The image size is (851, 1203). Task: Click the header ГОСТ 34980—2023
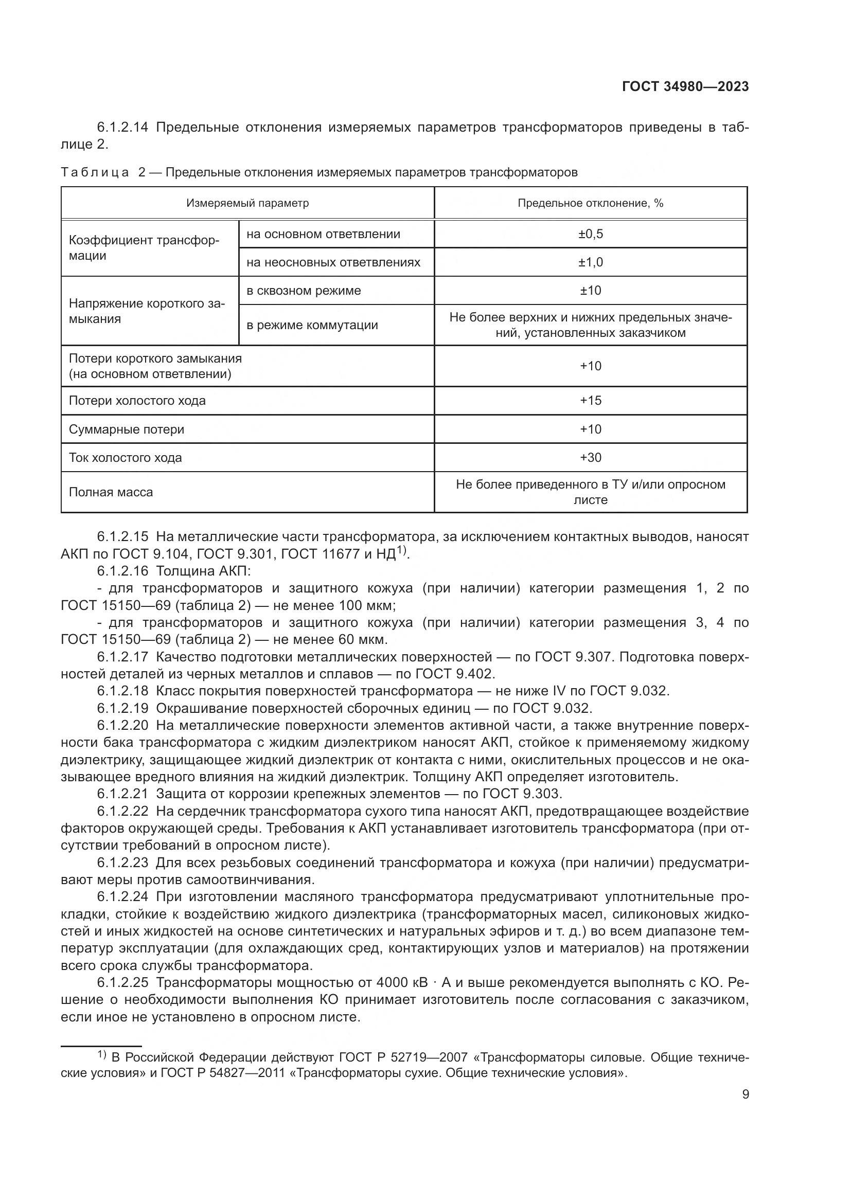pos(685,87)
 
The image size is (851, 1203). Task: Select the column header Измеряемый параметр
pos(247,203)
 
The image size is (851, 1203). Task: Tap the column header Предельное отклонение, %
pos(590,203)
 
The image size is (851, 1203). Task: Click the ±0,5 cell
pos(590,234)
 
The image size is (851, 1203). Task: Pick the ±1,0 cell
pos(590,262)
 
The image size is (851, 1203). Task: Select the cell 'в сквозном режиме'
pos(304,291)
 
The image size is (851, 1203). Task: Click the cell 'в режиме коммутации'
pos(312,325)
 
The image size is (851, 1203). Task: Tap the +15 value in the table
pos(590,401)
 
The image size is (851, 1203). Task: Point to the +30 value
pos(590,458)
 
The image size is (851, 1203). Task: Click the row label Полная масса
pos(111,493)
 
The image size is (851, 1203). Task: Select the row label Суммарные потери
pos(126,429)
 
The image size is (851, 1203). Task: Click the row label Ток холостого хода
pos(125,458)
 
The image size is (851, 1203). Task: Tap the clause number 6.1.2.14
pos(122,128)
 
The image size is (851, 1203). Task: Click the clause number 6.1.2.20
pos(122,726)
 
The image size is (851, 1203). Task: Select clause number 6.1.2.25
pos(122,982)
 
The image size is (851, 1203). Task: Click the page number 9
pos(745,1094)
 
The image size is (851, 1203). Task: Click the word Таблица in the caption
pos(95,173)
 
